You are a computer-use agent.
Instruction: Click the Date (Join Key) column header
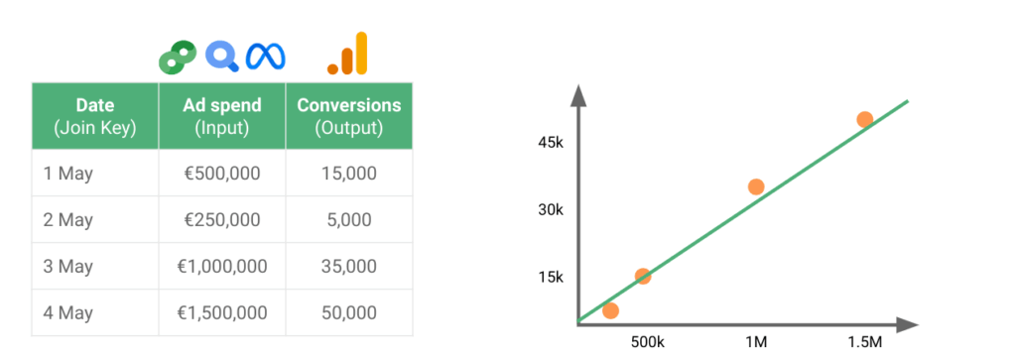tap(95, 116)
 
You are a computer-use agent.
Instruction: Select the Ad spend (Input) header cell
tap(222, 116)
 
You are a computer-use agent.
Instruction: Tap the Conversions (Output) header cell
tap(349, 116)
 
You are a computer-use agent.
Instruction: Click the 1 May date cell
tap(95, 173)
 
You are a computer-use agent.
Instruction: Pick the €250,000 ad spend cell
tap(222, 219)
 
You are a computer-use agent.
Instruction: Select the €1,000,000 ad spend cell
tap(222, 266)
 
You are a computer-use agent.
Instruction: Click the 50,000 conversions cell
tap(349, 312)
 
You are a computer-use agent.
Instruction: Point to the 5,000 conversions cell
tap(349, 219)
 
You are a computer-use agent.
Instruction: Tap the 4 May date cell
tap(95, 312)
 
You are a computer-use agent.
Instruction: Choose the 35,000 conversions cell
tap(349, 266)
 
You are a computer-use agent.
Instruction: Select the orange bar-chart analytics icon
tap(348, 54)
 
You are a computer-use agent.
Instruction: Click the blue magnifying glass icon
tap(222, 57)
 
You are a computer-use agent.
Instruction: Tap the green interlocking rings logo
tap(178, 57)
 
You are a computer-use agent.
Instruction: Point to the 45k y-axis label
tap(551, 143)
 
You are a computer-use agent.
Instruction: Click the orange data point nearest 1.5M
tap(864, 120)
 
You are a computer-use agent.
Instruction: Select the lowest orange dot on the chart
tap(610, 310)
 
